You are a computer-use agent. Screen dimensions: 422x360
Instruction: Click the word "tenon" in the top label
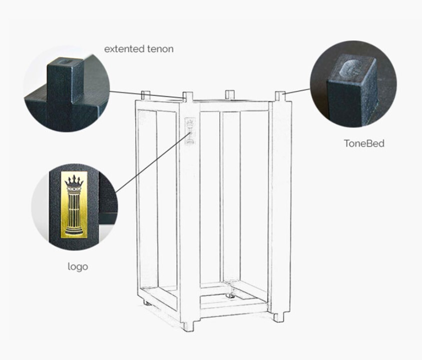159,49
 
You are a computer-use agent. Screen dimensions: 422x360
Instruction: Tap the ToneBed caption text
364,143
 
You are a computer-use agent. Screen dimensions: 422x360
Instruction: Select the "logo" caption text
78,266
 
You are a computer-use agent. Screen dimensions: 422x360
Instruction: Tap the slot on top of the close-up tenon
65,62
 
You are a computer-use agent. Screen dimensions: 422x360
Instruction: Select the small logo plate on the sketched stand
190,131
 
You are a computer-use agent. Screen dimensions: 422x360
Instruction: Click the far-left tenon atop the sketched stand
145,95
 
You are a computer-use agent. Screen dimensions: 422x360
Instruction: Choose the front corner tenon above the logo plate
188,96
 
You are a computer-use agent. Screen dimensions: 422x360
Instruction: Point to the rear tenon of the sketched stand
230,94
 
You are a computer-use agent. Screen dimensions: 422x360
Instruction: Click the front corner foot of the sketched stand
188,325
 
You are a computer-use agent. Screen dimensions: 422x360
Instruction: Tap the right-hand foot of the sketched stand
279,316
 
